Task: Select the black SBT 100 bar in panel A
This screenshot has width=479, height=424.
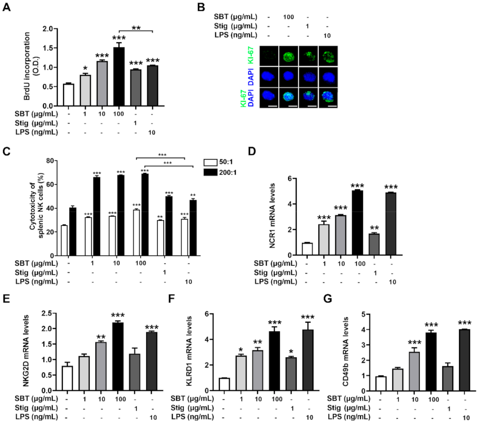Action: coord(119,77)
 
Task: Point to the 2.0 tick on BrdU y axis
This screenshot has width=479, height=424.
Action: coord(48,29)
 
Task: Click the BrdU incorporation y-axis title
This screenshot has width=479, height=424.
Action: coord(31,66)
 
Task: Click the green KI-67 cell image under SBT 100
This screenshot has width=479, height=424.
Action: coord(289,56)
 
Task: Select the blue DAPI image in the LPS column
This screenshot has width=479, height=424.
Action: coord(328,76)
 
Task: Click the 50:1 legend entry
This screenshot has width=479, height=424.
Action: coord(219,162)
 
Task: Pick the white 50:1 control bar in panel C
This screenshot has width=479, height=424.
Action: coord(64,240)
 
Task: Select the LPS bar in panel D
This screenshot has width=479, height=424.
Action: coord(391,224)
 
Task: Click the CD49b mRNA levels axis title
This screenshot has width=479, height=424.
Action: coord(345,351)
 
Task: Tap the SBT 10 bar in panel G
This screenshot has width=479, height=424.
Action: coord(414,371)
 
